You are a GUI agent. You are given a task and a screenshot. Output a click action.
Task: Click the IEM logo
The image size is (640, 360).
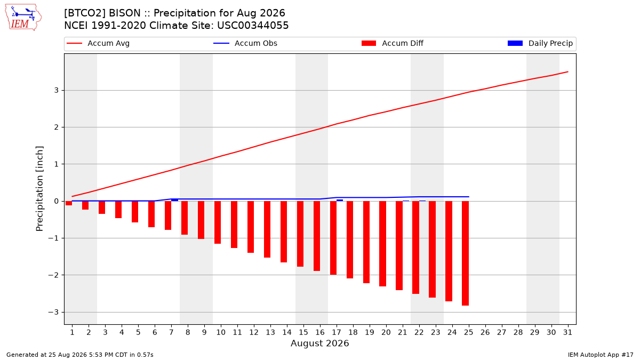click(23, 17)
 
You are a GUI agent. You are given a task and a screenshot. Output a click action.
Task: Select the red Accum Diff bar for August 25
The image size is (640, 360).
click(465, 253)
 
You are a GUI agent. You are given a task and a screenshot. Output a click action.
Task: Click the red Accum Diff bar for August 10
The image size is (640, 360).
click(218, 222)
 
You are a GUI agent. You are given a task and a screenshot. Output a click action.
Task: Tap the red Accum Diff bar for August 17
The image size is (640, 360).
click(333, 238)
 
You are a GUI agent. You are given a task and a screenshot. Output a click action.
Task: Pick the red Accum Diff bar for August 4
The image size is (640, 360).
click(118, 210)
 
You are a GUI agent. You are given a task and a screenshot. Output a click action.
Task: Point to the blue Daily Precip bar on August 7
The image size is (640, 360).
click(174, 200)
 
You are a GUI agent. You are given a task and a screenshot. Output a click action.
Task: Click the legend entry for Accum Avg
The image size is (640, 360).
click(98, 43)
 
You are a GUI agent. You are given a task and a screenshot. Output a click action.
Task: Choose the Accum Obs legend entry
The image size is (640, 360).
click(245, 43)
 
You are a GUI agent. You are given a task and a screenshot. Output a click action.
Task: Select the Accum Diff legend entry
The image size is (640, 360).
click(393, 43)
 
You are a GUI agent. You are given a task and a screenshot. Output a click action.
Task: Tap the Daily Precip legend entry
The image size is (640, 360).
click(540, 43)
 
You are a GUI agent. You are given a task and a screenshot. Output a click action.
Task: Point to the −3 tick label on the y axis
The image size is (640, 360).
click(53, 313)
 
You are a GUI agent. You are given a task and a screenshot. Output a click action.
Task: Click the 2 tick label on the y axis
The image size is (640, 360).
click(57, 127)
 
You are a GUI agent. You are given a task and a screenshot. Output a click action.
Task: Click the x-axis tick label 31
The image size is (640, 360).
click(567, 332)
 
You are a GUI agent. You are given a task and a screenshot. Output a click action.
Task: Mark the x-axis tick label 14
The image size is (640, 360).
click(287, 332)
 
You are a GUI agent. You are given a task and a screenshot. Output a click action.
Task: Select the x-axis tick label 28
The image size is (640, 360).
click(518, 332)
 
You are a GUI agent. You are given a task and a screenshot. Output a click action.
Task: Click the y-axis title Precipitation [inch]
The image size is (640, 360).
click(39, 189)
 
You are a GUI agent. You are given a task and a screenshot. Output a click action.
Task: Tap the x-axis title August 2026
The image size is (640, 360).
click(319, 343)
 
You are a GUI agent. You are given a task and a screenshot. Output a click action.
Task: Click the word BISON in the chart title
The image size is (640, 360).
click(125, 13)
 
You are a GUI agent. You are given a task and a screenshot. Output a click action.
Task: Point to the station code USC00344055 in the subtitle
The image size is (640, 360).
click(253, 26)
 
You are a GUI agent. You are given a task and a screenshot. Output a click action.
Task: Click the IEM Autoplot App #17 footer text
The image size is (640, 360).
click(601, 355)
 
